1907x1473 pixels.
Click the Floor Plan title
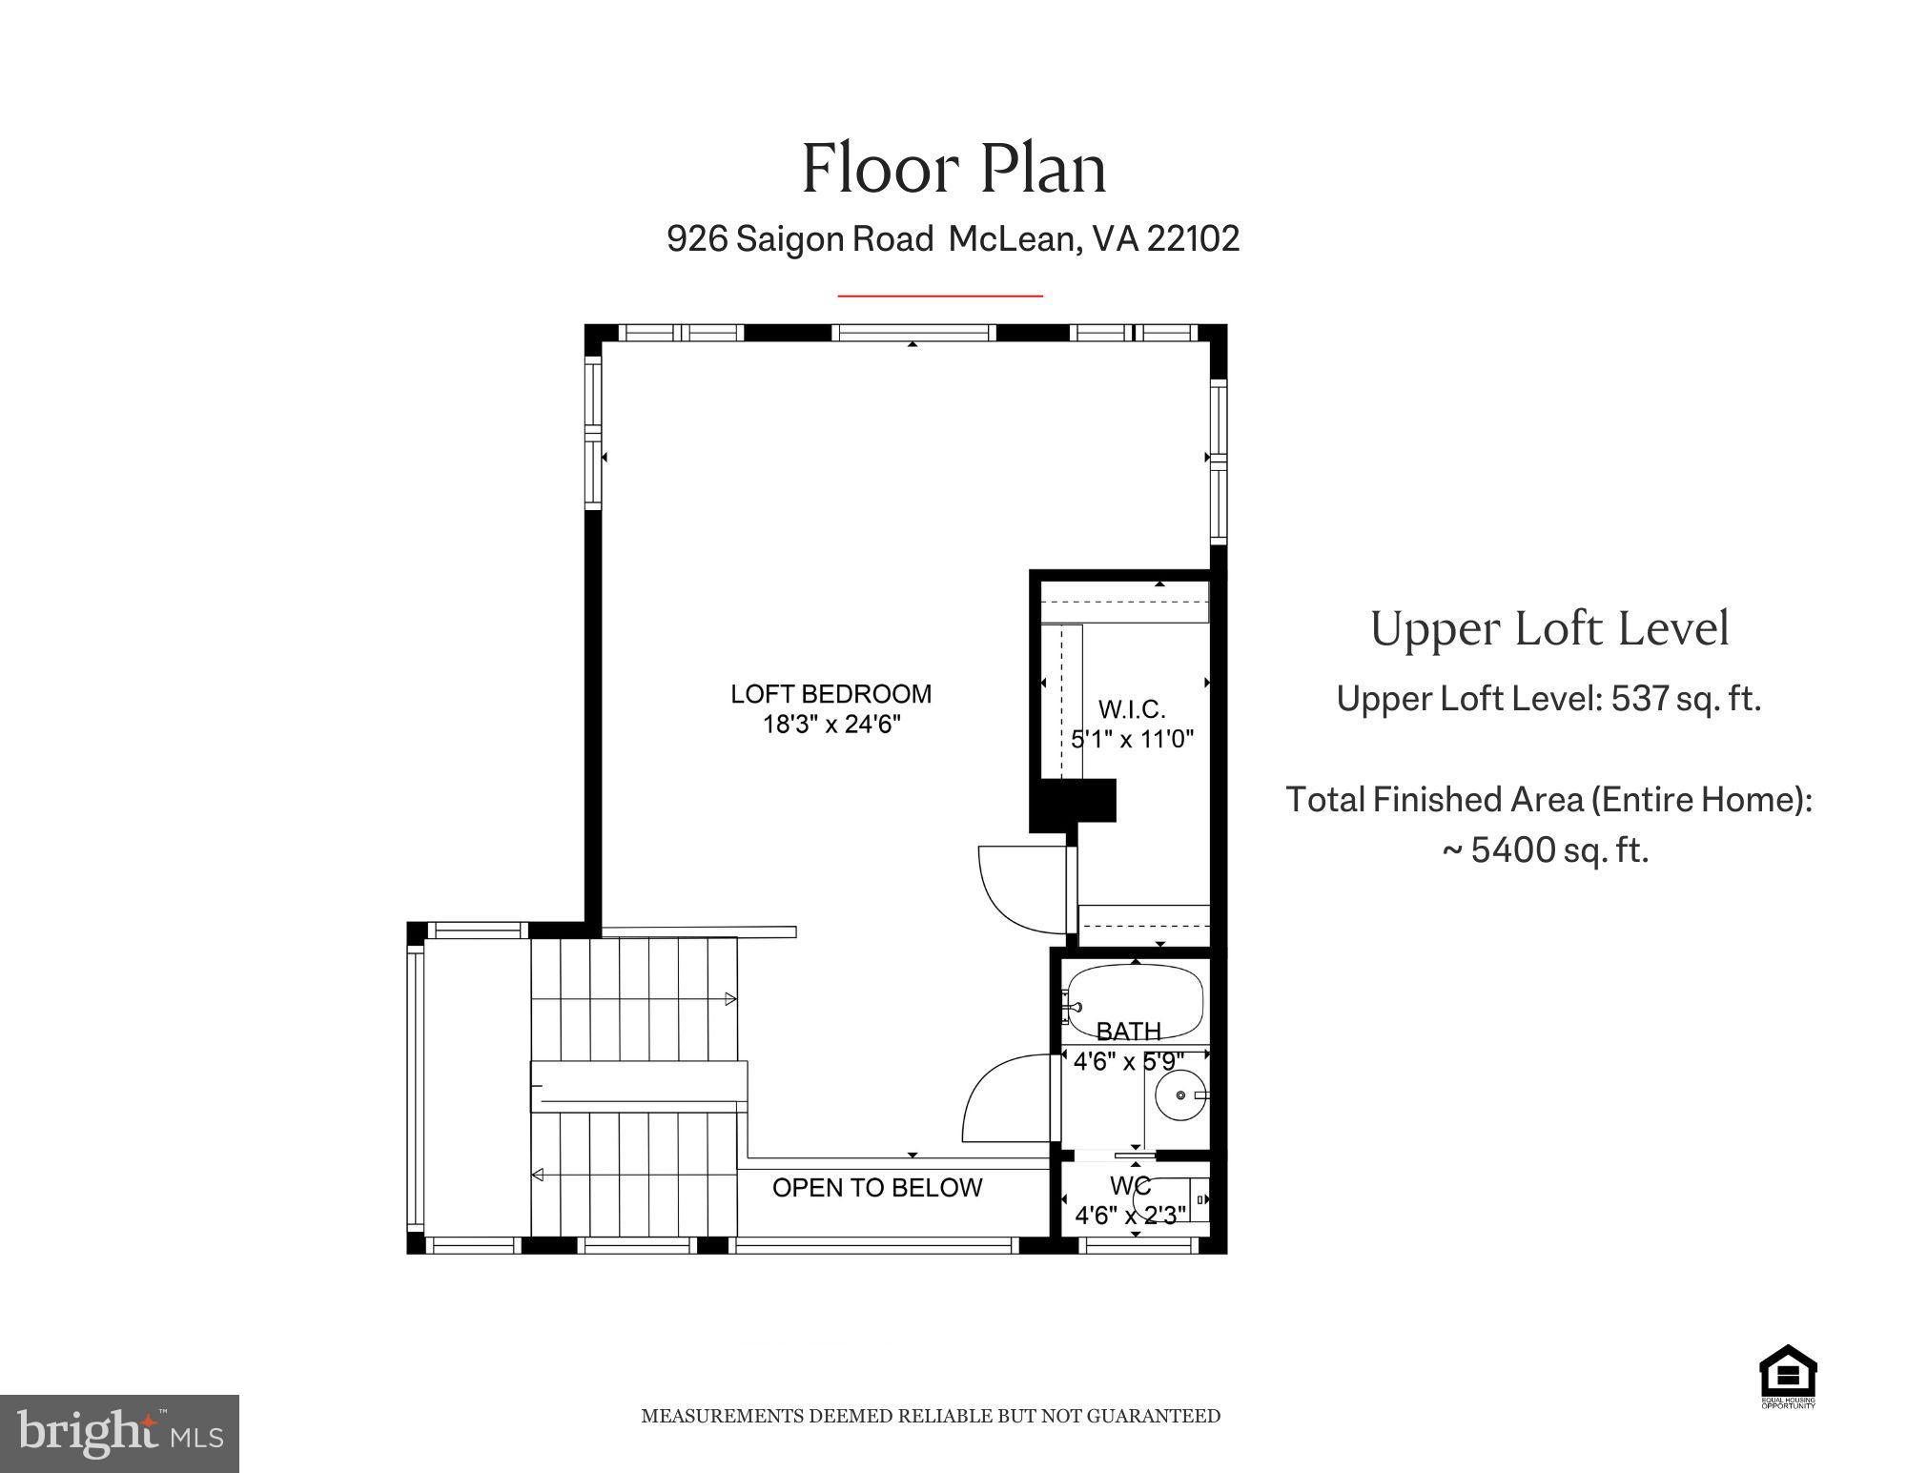pos(953,169)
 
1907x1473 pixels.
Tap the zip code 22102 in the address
pos(1193,238)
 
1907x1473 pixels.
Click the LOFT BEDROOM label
pos(830,694)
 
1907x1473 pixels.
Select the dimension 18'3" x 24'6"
pos(830,725)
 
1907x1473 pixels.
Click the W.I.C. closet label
pos(1132,709)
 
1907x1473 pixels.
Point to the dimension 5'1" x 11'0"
pos(1132,739)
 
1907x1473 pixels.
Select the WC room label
pos(1130,1187)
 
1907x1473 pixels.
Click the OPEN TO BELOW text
pos(876,1188)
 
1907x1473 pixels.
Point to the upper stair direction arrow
pos(730,999)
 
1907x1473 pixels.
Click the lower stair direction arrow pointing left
pos(538,1175)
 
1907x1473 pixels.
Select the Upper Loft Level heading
pos(1548,629)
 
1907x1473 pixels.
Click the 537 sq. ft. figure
pos(1685,699)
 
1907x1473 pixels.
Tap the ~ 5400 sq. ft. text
pos(1546,849)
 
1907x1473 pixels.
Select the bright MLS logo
pos(119,1433)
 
